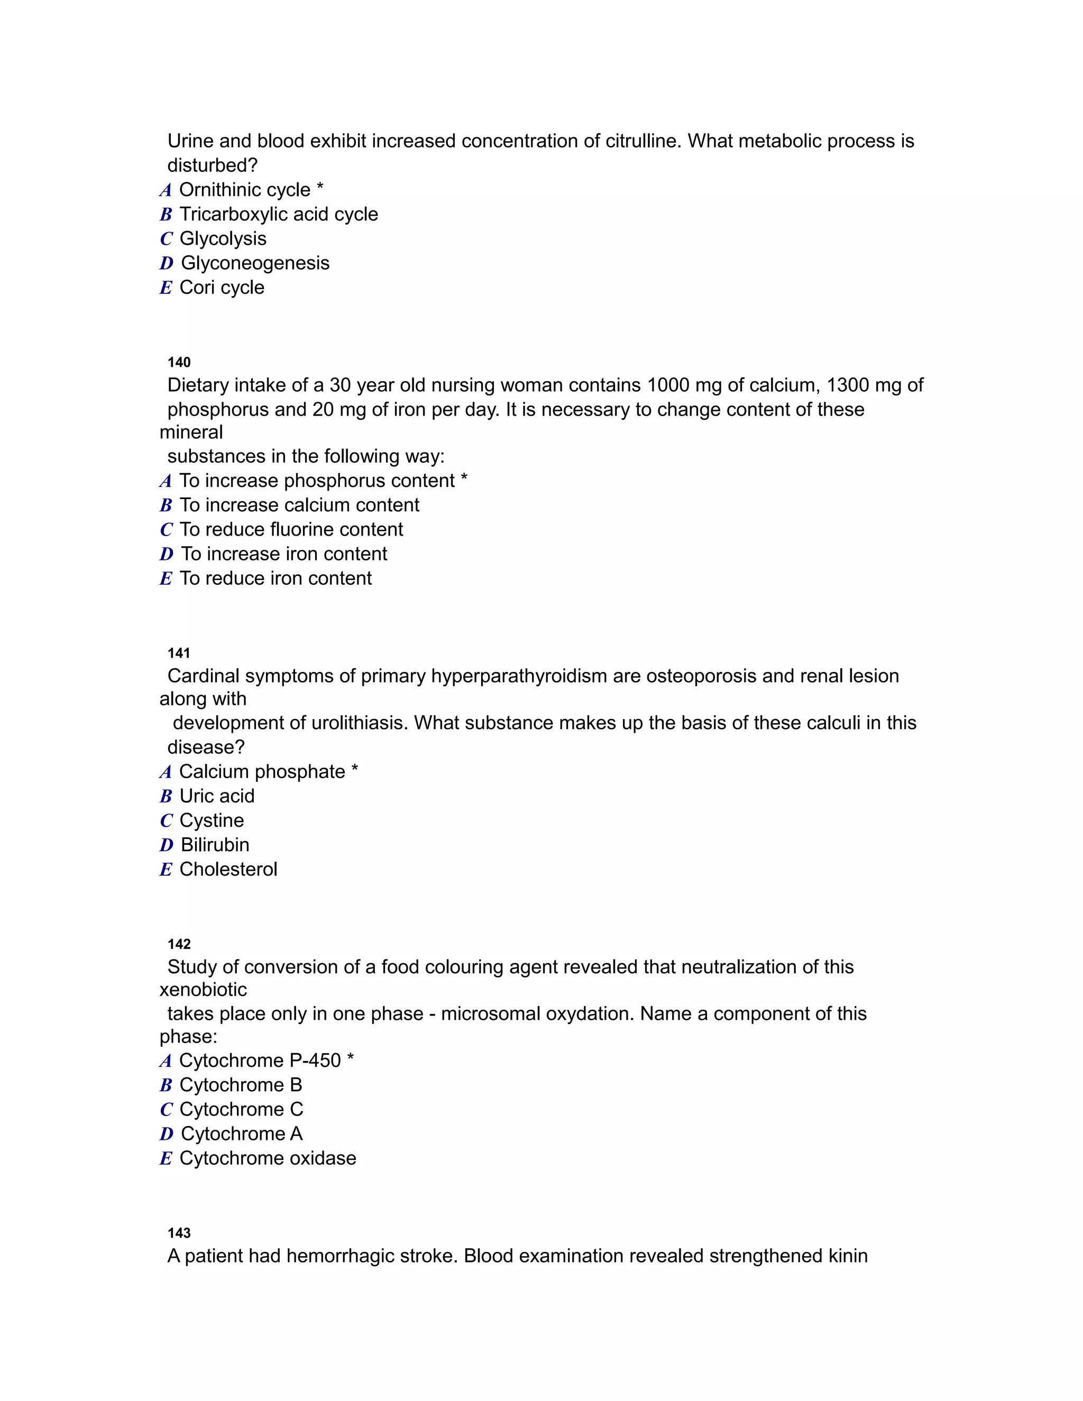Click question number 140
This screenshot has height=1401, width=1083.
179,363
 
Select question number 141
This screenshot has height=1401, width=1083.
179,653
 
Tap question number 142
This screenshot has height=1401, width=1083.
179,944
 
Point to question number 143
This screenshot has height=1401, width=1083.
179,1233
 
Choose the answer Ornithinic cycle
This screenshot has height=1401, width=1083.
244,190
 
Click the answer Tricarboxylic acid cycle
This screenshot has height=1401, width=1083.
279,214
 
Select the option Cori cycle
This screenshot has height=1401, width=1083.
222,288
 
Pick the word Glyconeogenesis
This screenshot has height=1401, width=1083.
255,263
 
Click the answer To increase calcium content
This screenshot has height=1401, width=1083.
299,505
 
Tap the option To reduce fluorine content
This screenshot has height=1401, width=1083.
291,529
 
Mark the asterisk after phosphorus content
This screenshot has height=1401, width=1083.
464,479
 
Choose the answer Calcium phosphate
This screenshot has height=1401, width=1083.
262,772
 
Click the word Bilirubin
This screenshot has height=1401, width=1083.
215,845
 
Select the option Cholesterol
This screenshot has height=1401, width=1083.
228,869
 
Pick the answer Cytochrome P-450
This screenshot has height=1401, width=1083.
260,1061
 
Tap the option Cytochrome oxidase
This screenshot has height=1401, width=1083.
268,1158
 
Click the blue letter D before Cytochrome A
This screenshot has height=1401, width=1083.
167,1134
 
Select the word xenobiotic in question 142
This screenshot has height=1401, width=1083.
204,990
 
